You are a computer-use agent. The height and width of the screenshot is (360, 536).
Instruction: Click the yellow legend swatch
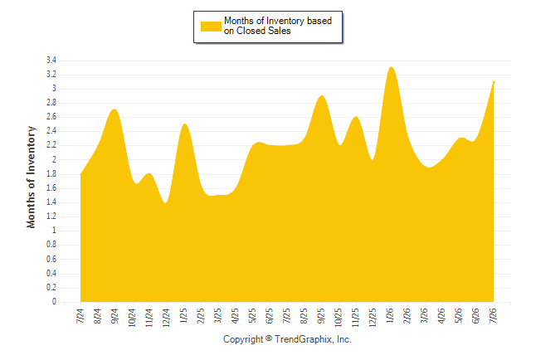click(x=211, y=27)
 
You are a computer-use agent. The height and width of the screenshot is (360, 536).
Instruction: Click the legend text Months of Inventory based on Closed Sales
click(x=278, y=26)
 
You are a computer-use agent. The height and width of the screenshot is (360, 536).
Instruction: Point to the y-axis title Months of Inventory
click(x=31, y=177)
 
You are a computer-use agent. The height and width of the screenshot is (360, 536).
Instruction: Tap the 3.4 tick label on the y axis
click(x=51, y=61)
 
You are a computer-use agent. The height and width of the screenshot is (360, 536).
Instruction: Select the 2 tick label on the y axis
click(x=54, y=159)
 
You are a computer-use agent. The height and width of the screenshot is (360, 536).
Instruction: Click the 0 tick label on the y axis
click(x=54, y=302)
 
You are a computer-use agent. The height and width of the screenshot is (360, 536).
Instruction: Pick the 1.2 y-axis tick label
click(x=51, y=216)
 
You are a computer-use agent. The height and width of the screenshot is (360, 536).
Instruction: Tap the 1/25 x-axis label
click(x=183, y=315)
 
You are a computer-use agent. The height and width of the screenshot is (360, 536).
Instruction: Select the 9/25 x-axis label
click(x=321, y=315)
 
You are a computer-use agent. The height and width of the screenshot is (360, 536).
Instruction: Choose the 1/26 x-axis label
click(x=390, y=315)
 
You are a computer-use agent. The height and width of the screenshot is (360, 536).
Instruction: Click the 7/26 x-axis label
click(x=494, y=315)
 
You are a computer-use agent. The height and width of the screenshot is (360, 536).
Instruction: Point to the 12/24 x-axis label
click(x=167, y=318)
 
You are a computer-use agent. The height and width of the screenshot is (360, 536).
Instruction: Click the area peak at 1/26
click(x=391, y=67)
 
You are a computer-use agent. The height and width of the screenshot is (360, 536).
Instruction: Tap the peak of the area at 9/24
click(x=115, y=109)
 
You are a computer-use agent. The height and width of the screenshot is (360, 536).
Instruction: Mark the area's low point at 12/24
click(x=166, y=202)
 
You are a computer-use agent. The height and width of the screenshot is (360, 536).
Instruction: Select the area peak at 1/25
click(x=184, y=124)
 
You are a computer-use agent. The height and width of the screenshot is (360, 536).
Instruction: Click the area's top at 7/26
click(x=494, y=82)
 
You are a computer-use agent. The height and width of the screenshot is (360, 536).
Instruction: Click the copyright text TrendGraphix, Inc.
click(x=313, y=339)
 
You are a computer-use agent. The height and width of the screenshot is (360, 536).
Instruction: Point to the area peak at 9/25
click(x=322, y=95)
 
